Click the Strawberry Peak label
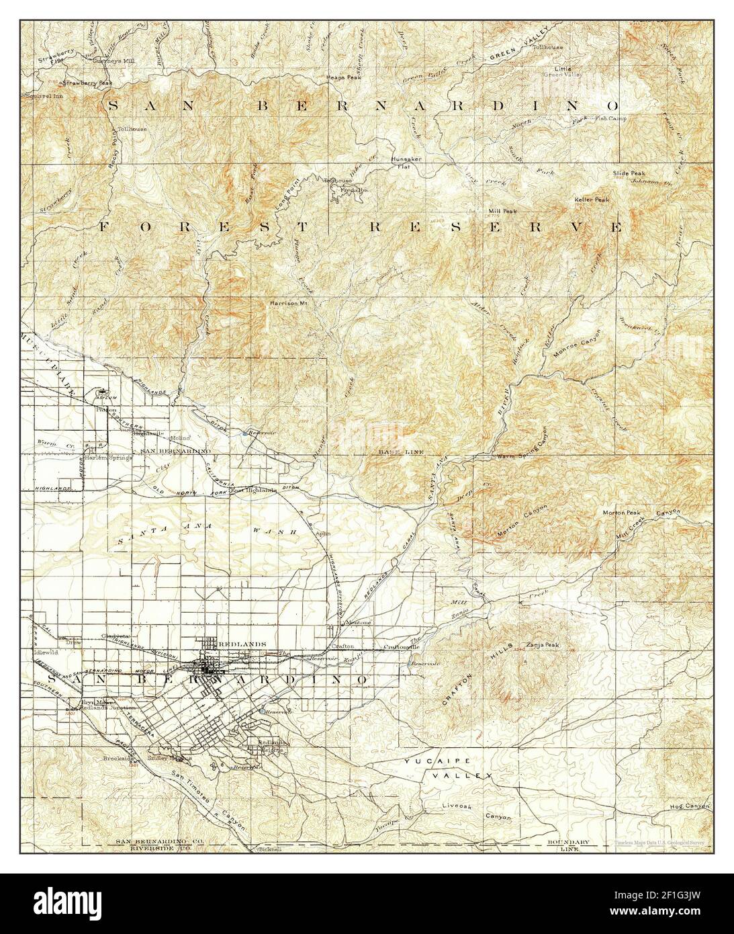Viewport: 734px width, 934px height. click(x=87, y=83)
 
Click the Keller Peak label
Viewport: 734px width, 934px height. click(x=592, y=200)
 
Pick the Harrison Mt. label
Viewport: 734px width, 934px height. click(x=288, y=303)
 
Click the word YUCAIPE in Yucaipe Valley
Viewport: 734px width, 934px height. click(x=430, y=761)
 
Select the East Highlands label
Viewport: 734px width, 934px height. click(x=254, y=490)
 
